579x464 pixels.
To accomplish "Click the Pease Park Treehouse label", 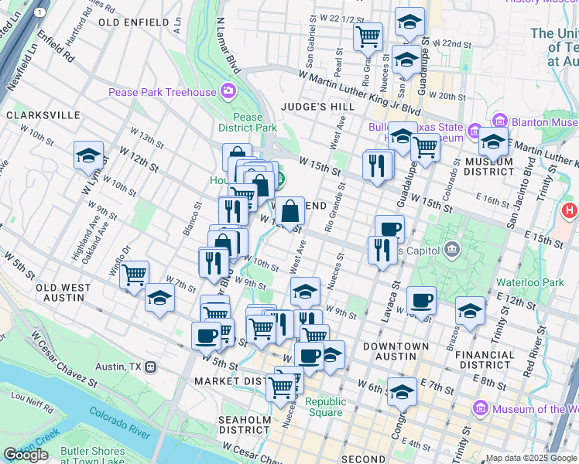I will coord(162,93).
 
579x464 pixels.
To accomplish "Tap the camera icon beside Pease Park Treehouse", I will coord(228,93).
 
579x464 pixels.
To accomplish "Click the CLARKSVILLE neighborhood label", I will coord(43,115).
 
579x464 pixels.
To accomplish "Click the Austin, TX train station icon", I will coord(151,367).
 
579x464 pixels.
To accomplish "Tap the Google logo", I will coord(26,455).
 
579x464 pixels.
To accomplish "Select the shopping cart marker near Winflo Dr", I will coord(135,274).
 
